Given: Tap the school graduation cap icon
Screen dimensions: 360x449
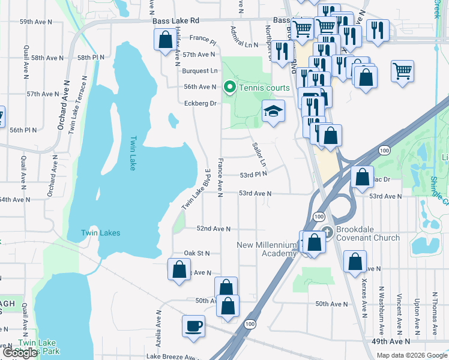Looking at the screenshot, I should click(273, 111).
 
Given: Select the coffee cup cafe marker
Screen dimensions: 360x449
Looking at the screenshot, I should click(193, 326).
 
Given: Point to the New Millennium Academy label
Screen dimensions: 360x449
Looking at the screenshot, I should click(267, 249).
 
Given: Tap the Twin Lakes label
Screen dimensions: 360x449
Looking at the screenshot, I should click(101, 233).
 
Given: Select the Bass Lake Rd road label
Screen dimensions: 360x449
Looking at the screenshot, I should click(175, 21).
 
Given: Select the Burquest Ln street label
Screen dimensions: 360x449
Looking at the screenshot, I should click(199, 71).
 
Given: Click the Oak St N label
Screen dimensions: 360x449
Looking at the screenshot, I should click(197, 253).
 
